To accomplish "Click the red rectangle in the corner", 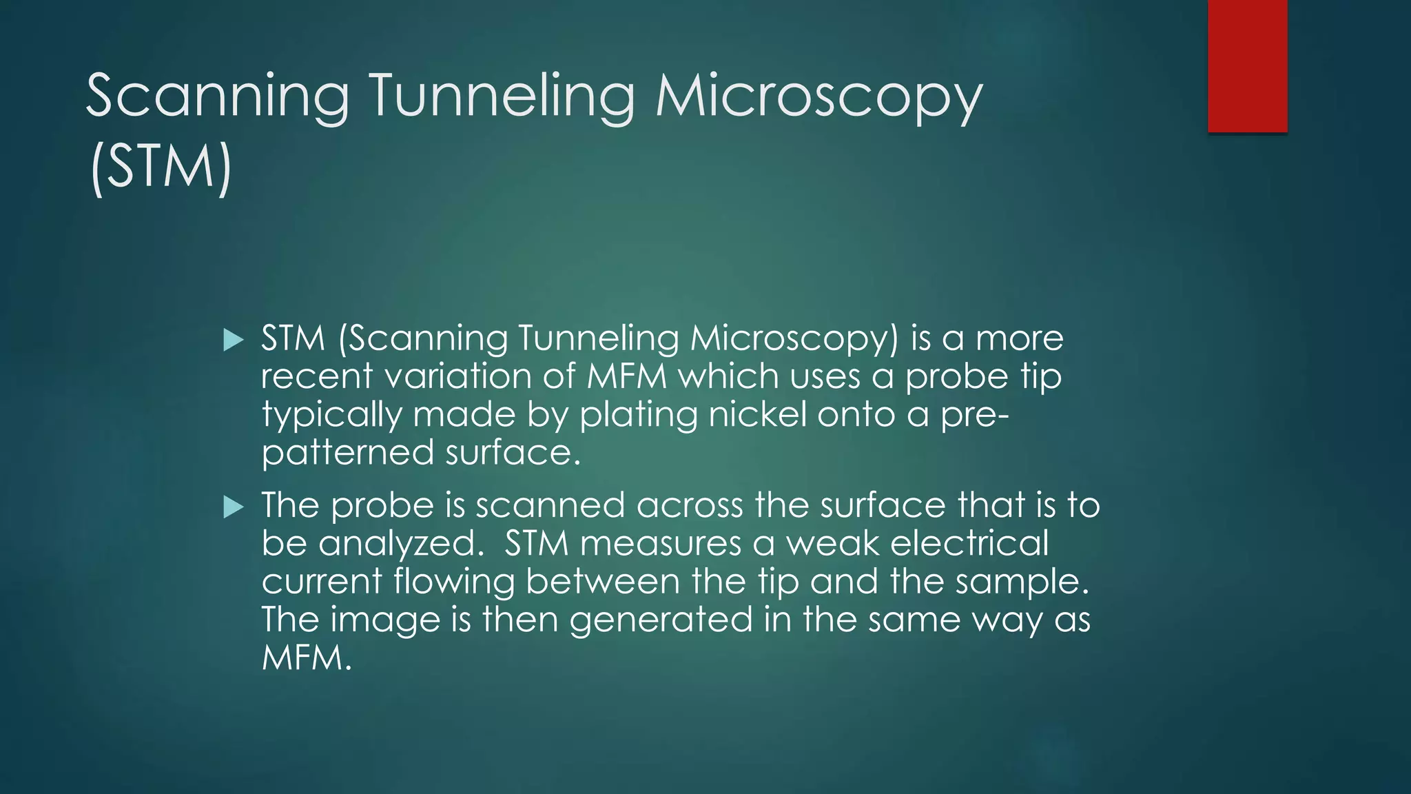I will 1247,65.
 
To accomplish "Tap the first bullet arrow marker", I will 234,340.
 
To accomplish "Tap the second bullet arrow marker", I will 234,508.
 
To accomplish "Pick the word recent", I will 317,376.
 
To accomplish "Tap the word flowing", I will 454,582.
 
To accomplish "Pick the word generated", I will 661,620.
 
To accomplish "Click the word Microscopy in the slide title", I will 818,96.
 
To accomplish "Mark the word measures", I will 660,544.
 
